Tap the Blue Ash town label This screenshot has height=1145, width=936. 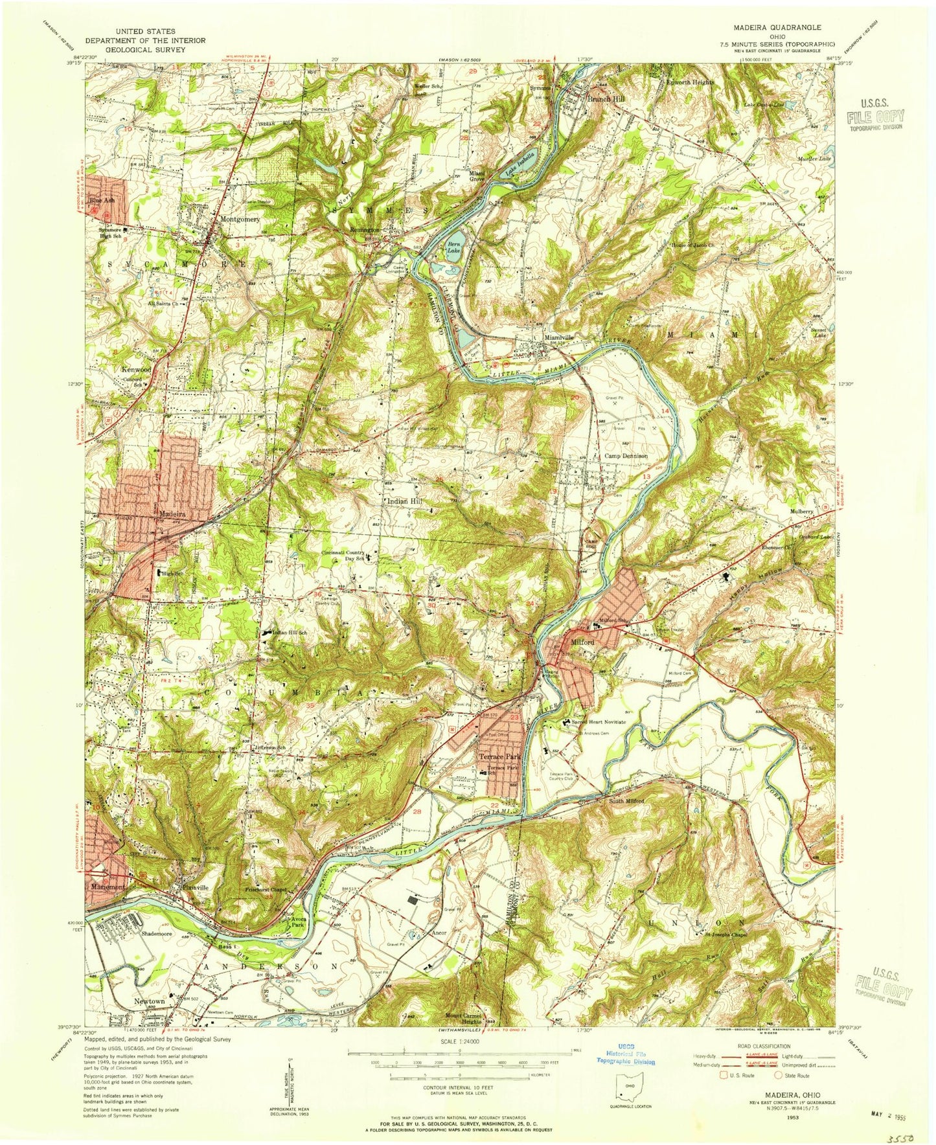102,201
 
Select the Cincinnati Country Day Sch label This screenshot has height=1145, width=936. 343,556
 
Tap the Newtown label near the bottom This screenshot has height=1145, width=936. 149,1001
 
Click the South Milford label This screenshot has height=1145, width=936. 626,802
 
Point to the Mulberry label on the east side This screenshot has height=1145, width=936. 801,512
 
